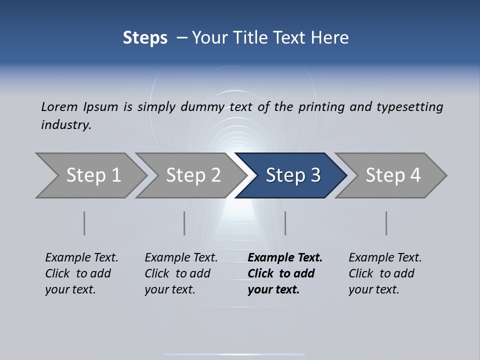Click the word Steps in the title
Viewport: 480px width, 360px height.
tap(145, 38)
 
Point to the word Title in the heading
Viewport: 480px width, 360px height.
tap(246, 38)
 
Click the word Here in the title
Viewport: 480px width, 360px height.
tap(330, 38)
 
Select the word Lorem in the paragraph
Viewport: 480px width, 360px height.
tap(59, 106)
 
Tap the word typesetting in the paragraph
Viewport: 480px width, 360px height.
tap(410, 107)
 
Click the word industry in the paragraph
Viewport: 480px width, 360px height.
tap(66, 125)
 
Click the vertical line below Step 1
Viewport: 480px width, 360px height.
tap(84, 223)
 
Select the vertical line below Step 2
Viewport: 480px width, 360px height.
tap(184, 223)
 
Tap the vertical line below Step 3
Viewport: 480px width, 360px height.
tap(285, 223)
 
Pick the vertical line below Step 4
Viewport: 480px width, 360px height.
tap(386, 223)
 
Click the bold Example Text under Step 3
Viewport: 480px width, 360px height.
tap(285, 257)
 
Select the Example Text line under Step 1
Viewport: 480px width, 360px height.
tap(81, 257)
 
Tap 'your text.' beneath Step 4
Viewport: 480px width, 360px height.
tap(373, 289)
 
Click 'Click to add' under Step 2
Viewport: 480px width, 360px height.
tap(177, 273)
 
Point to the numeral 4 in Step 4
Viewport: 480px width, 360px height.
tap(414, 175)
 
